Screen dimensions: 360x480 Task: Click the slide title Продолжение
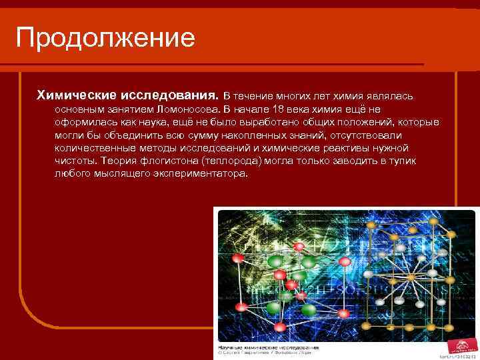pos(105,37)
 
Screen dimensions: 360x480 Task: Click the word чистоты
pos(74,161)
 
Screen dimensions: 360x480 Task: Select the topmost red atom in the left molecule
pos(300,247)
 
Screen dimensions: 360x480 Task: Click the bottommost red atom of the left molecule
pos(280,327)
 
